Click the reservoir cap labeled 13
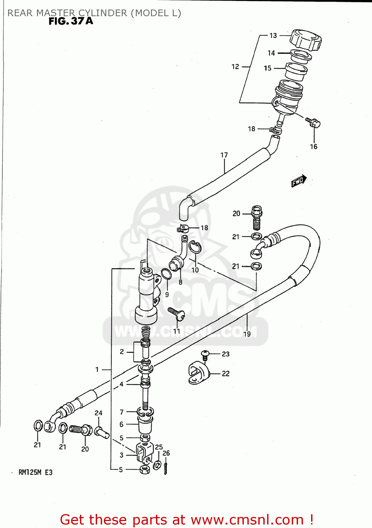pos(305,40)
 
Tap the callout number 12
pos(235,67)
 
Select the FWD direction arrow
pos(298,181)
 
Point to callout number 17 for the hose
pos(224,155)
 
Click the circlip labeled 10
pos(195,247)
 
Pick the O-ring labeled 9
pos(166,274)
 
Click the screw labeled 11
pos(177,314)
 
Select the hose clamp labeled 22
pos(198,373)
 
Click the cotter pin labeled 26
pos(165,468)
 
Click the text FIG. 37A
pos(71,21)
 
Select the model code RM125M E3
pos(35,472)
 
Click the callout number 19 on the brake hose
pos(247,334)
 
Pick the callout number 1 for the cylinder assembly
pos(97,369)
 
